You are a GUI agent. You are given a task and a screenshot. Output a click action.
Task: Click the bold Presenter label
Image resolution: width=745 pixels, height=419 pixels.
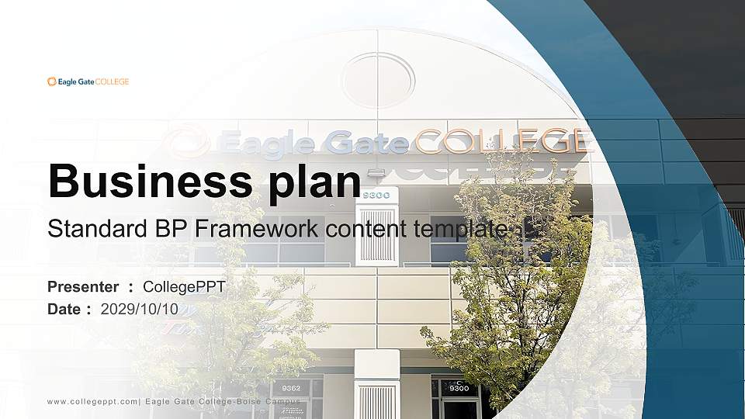coord(83,287)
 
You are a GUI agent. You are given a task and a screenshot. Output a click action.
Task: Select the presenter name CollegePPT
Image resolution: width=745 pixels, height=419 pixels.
coord(185,287)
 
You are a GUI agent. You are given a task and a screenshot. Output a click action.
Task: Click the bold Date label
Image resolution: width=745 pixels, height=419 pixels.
coord(64,309)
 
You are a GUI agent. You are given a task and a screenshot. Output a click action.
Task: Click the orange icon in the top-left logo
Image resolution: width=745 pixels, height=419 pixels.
coord(51,81)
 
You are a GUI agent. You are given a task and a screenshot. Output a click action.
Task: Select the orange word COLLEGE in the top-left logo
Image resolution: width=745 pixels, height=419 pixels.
coord(113,81)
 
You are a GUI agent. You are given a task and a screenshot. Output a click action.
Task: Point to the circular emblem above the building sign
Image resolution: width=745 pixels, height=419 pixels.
coord(378,81)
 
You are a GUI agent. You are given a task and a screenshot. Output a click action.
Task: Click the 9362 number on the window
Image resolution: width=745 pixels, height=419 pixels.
coord(291,388)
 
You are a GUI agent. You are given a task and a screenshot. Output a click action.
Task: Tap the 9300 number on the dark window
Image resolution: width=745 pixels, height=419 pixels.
coord(459,388)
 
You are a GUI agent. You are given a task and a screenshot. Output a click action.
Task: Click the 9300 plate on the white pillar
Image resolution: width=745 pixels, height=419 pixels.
coord(376,195)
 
